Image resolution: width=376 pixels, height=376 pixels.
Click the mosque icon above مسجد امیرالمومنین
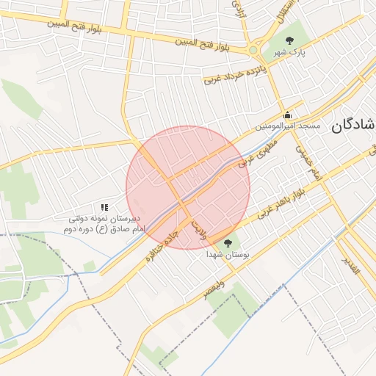point(287,115)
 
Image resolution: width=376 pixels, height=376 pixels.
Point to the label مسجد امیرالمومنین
point(288,126)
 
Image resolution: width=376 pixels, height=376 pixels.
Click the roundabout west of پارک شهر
point(253,50)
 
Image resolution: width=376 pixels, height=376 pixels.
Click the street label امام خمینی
point(308,161)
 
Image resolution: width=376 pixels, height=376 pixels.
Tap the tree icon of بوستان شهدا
point(228,243)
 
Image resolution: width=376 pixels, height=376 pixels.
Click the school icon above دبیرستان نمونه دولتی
point(104,208)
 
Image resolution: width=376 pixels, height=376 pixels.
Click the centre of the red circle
point(189,187)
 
